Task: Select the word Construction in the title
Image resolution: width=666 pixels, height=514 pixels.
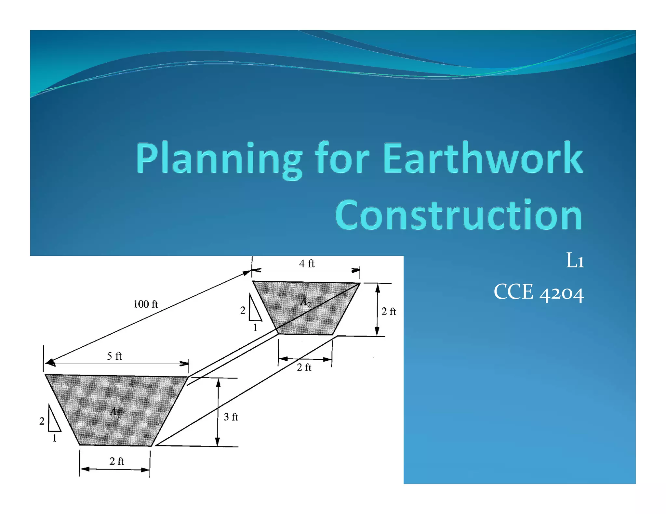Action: (x=459, y=215)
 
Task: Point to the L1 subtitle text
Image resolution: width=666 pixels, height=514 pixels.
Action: (x=575, y=261)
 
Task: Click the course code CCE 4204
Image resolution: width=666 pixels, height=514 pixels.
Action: (x=539, y=292)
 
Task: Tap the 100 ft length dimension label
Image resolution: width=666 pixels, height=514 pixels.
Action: (x=145, y=304)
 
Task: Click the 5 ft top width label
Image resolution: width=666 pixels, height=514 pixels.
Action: (x=114, y=356)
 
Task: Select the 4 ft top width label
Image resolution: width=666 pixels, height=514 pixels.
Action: (x=307, y=263)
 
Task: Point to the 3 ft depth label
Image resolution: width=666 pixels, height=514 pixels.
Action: (x=231, y=417)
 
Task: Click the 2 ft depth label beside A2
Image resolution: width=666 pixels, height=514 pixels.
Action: (x=389, y=312)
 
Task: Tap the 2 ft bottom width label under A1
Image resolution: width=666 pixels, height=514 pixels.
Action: (x=117, y=461)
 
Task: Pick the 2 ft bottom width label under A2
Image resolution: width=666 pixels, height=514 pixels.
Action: (x=304, y=367)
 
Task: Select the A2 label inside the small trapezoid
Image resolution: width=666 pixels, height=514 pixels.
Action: (x=306, y=302)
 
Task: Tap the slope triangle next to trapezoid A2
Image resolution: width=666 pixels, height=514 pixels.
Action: (x=254, y=309)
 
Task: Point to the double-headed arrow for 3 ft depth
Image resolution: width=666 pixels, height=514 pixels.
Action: (x=218, y=413)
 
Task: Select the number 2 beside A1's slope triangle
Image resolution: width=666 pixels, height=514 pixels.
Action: (x=42, y=421)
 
